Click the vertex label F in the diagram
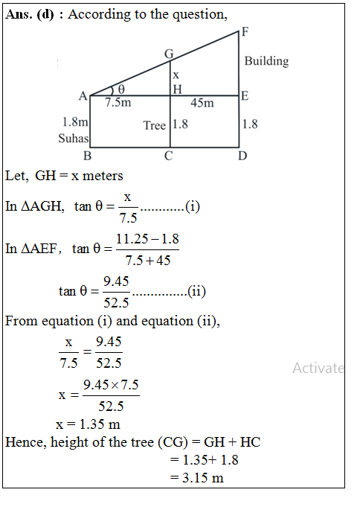click(x=245, y=32)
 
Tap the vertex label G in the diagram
click(x=169, y=54)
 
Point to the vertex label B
click(x=87, y=156)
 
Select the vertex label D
click(x=242, y=156)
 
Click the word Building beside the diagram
click(x=266, y=61)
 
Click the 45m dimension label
click(x=202, y=103)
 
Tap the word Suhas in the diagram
click(x=74, y=138)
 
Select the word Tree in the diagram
click(x=154, y=125)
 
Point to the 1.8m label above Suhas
click(x=75, y=122)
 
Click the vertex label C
click(x=169, y=156)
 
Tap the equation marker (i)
click(x=193, y=207)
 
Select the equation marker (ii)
click(x=197, y=291)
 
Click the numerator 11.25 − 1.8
click(x=147, y=239)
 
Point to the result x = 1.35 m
click(x=88, y=424)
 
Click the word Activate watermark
click(x=318, y=368)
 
